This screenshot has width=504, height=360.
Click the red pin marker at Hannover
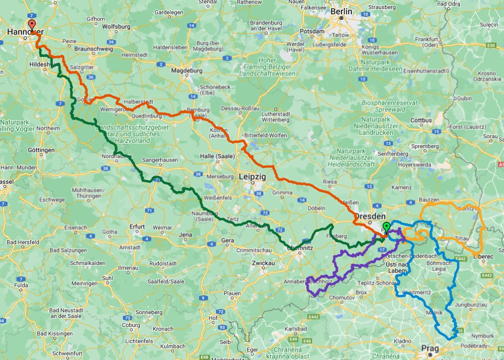click(x=32, y=26)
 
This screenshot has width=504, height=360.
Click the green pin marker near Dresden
click(x=386, y=227)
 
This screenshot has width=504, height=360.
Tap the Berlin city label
click(x=342, y=11)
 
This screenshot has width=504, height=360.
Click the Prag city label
click(x=430, y=349)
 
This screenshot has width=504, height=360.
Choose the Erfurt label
click(x=137, y=227)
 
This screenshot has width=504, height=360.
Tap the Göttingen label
click(x=41, y=150)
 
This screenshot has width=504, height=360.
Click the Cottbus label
click(x=421, y=120)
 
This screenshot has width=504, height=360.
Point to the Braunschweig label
click(x=94, y=49)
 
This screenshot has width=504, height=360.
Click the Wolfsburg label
click(x=116, y=26)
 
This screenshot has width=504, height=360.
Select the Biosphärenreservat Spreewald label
click(x=389, y=106)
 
